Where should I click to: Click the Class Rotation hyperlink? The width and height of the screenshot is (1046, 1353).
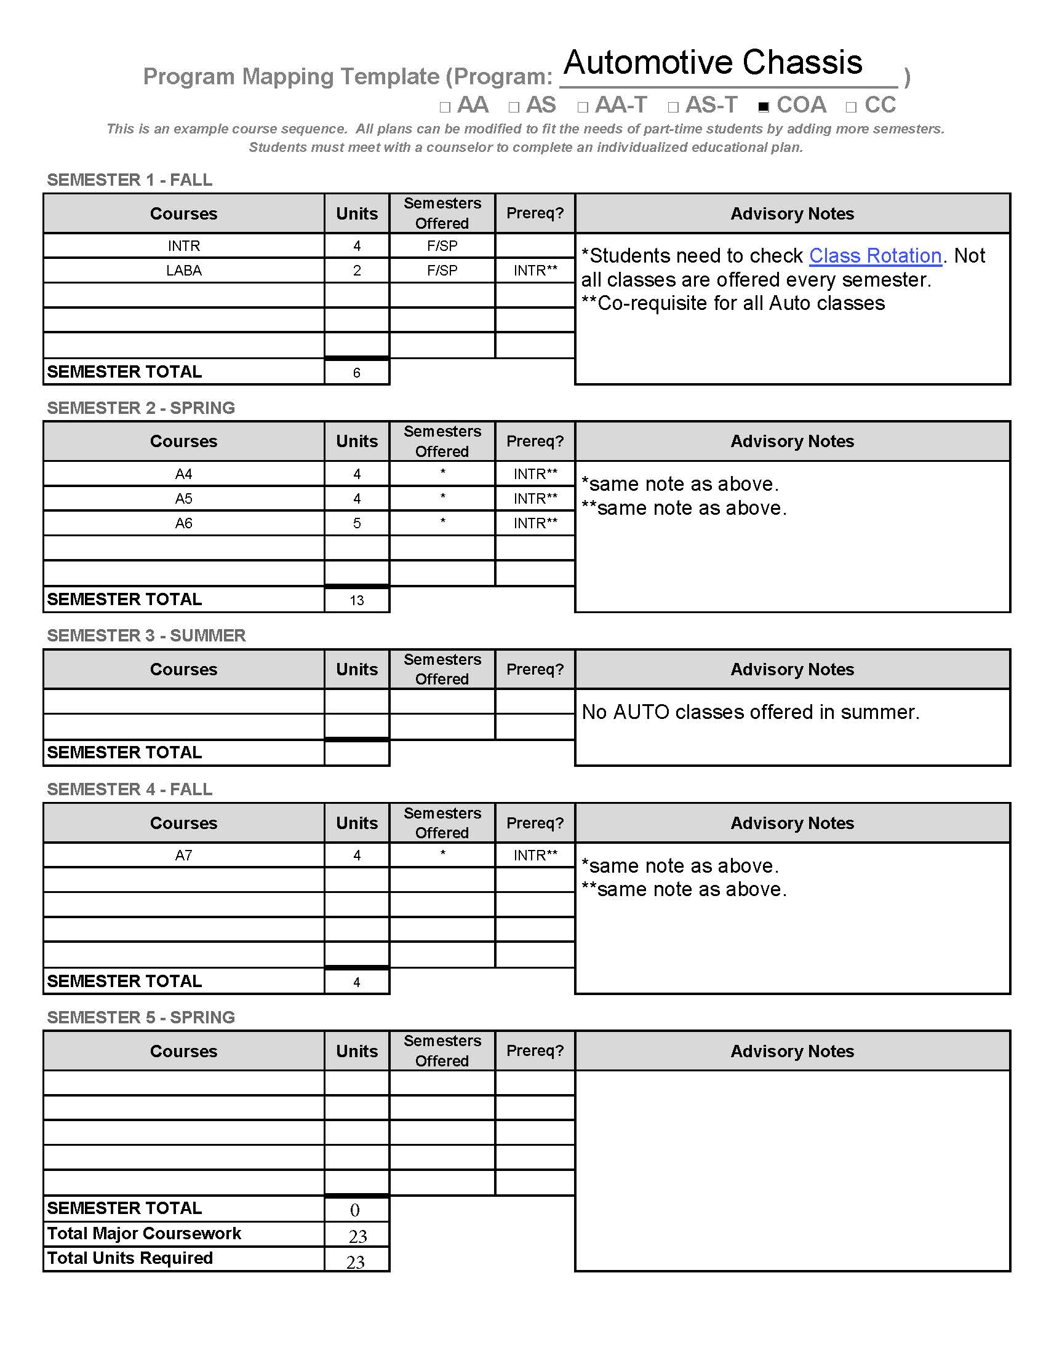[x=875, y=256]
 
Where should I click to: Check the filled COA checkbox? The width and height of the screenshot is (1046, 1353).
[x=764, y=107]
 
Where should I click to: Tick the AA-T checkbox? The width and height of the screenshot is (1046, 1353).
[x=583, y=107]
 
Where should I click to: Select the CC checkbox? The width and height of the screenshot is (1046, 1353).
[x=851, y=107]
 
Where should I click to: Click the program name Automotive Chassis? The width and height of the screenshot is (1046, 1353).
[x=713, y=63]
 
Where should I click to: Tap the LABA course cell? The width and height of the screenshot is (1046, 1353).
[x=183, y=271]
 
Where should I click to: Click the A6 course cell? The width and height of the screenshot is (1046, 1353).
[x=183, y=523]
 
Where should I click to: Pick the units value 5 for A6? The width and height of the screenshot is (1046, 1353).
[x=357, y=523]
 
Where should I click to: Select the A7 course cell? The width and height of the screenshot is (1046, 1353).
[x=183, y=855]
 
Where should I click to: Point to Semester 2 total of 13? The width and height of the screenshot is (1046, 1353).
[x=357, y=600]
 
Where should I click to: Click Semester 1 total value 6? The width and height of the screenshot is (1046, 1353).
[x=357, y=372]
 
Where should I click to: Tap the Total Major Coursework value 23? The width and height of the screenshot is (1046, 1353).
[x=357, y=1236]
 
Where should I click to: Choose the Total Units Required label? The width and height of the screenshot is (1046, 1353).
[x=130, y=1258]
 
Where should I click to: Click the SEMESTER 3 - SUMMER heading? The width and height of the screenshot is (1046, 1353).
[x=146, y=636]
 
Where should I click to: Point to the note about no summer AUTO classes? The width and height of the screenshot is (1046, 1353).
[x=751, y=712]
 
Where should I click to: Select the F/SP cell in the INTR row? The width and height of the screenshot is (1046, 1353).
[x=442, y=246]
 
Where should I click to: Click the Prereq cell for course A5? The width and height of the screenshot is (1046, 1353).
[x=535, y=499]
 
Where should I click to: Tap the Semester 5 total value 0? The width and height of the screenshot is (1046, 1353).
[x=355, y=1210]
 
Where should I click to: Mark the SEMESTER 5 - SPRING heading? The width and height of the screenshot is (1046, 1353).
[x=141, y=1017]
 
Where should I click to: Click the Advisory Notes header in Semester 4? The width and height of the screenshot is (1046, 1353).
[x=792, y=823]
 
